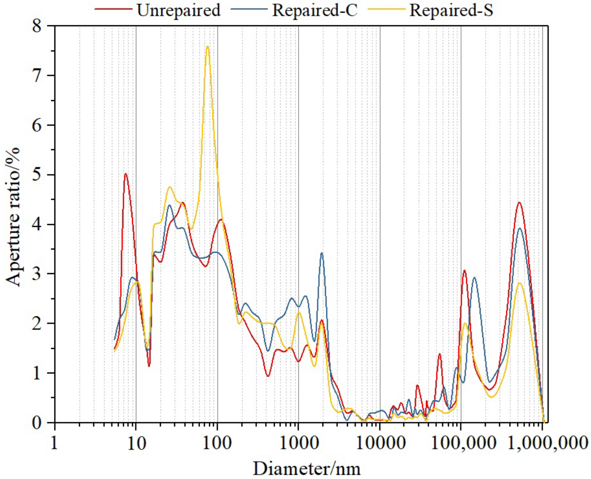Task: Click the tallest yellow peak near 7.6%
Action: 208,47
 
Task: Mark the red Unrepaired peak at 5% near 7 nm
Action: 126,174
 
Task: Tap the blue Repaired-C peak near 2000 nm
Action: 322,253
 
